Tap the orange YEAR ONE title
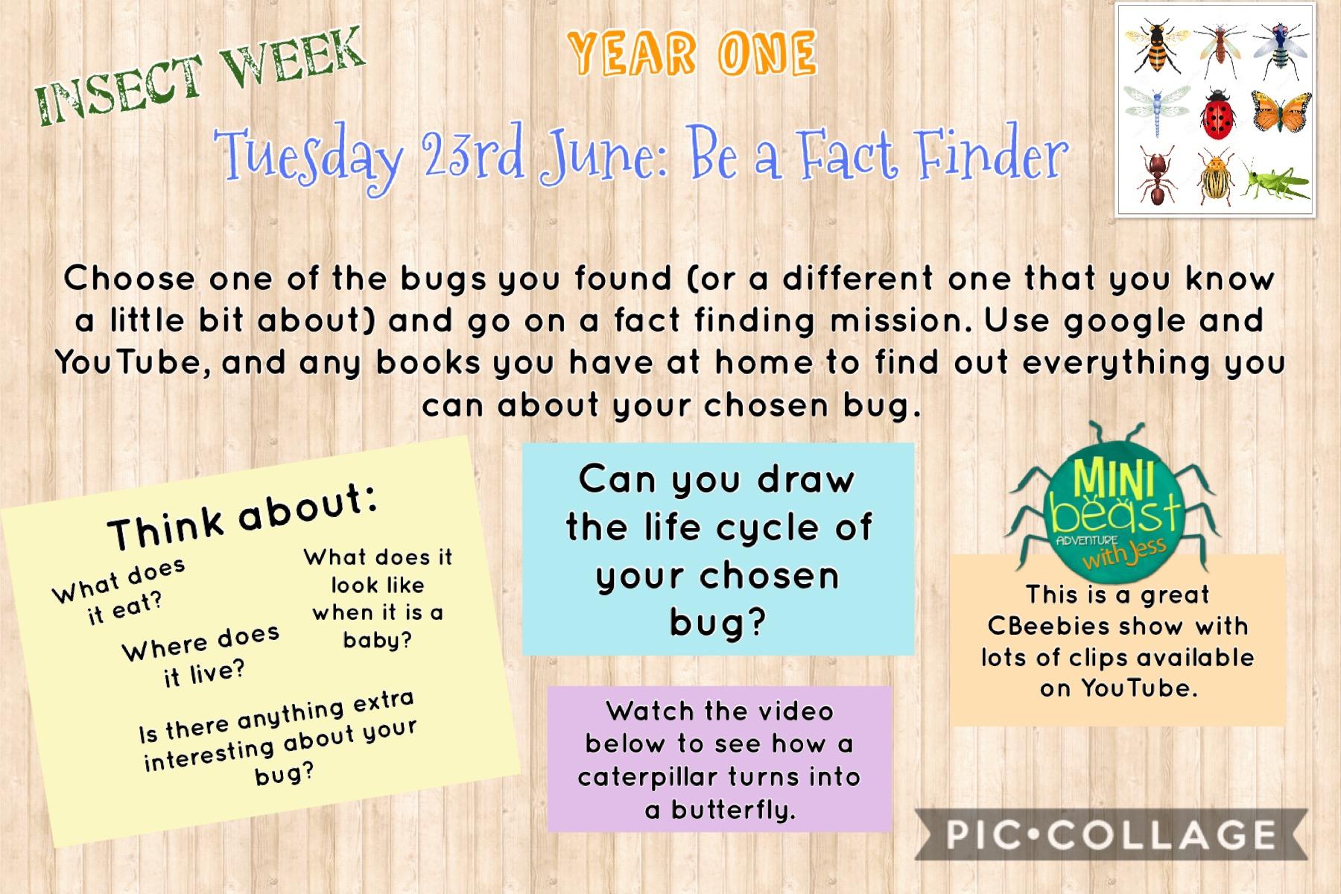pyautogui.click(x=692, y=54)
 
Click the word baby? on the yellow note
pyautogui.click(x=377, y=640)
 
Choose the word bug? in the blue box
pyautogui.click(x=717, y=623)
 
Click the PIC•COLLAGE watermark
pyautogui.click(x=1111, y=835)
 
